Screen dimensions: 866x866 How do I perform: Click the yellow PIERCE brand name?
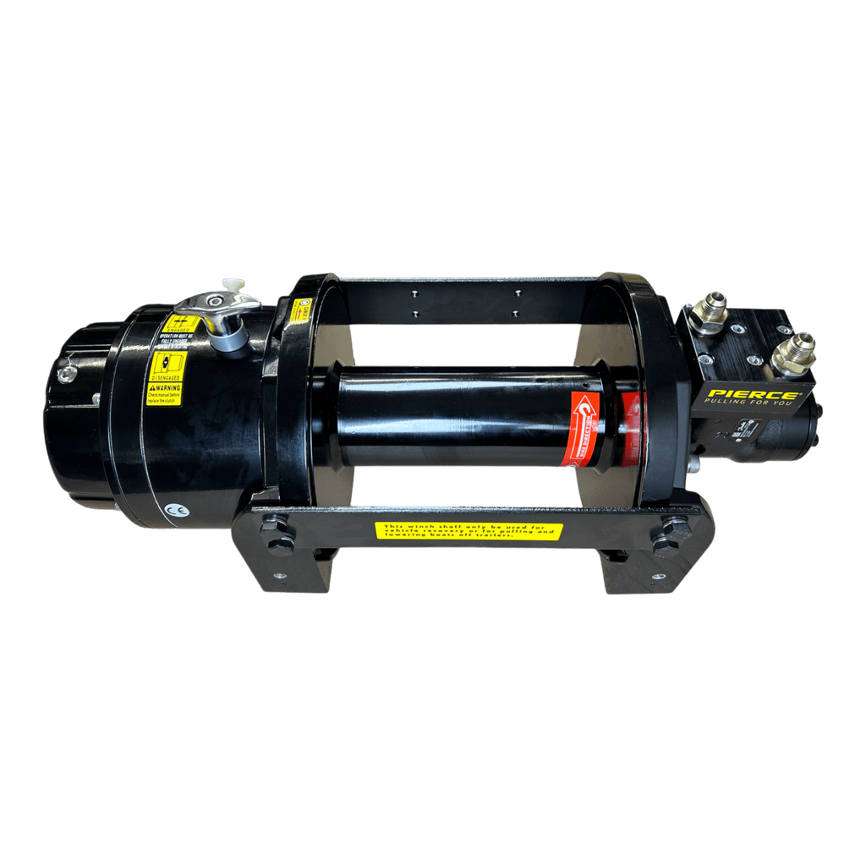click(752, 395)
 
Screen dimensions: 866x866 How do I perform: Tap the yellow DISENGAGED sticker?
click(167, 369)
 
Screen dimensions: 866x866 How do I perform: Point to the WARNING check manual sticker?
click(164, 394)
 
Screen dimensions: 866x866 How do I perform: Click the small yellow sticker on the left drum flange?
click(300, 310)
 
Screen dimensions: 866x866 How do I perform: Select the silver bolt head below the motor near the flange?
click(693, 464)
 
